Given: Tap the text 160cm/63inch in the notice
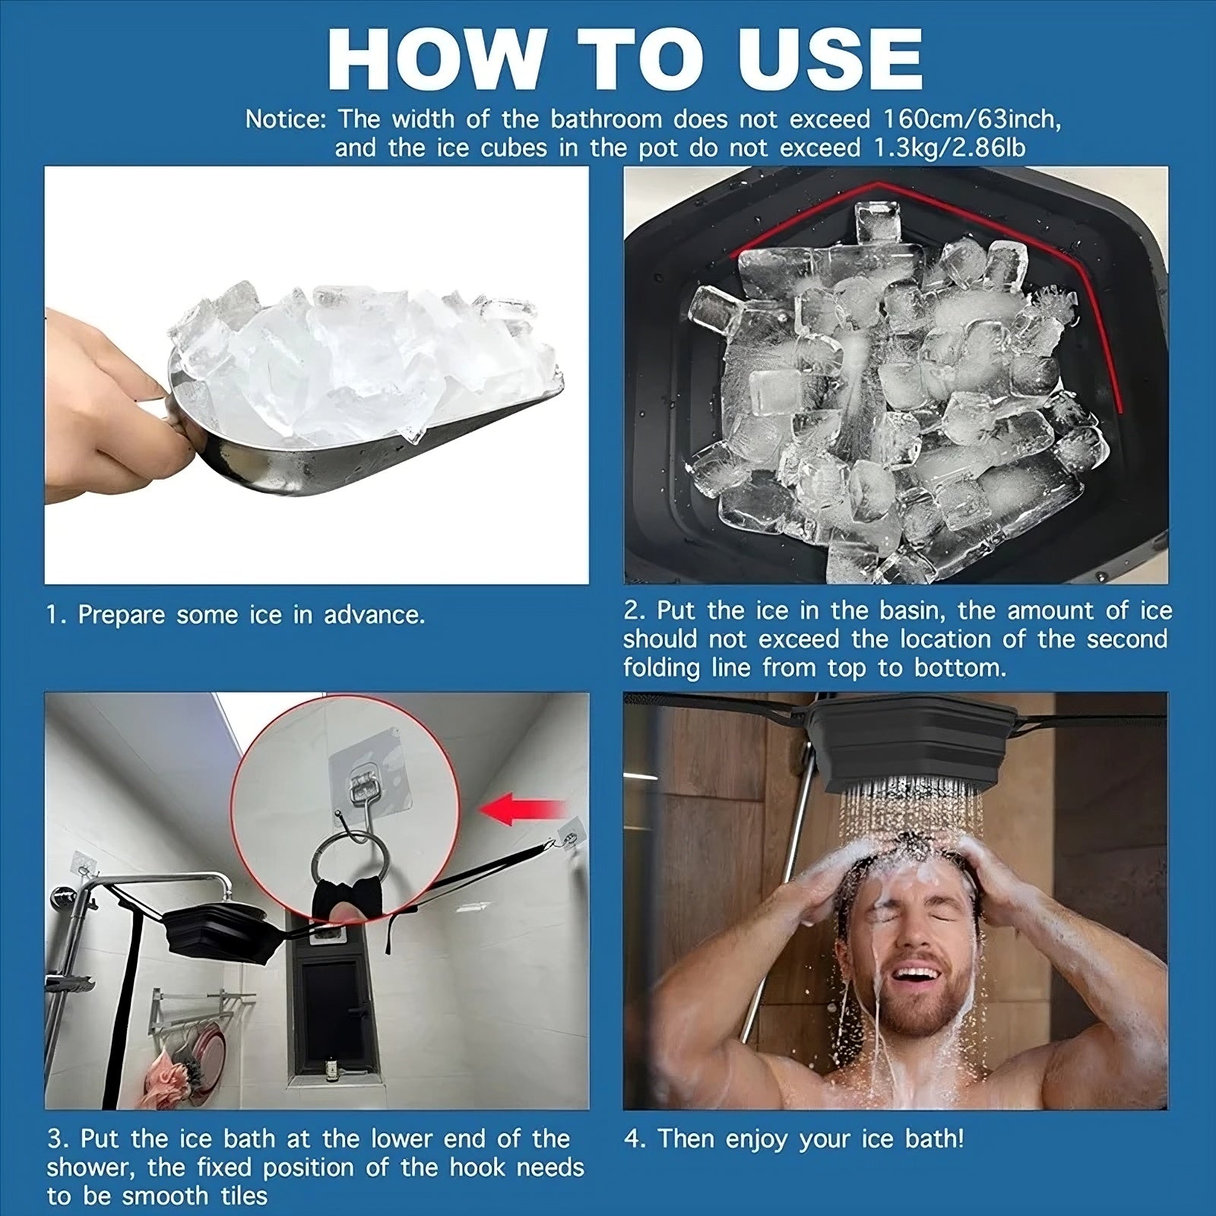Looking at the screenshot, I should (968, 119).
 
